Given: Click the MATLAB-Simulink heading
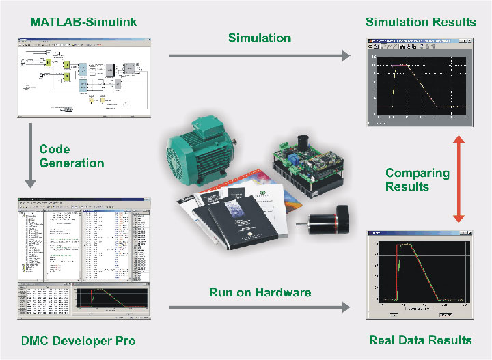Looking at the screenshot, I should point(84,22).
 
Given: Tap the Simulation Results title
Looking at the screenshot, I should point(420,22).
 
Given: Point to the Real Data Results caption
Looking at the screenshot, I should point(420,340).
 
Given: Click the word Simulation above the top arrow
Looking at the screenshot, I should point(260,38).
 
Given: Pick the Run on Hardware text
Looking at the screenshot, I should point(259,292).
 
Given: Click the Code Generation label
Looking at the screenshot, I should point(71,156).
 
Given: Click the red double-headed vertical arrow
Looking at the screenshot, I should point(459,178).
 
